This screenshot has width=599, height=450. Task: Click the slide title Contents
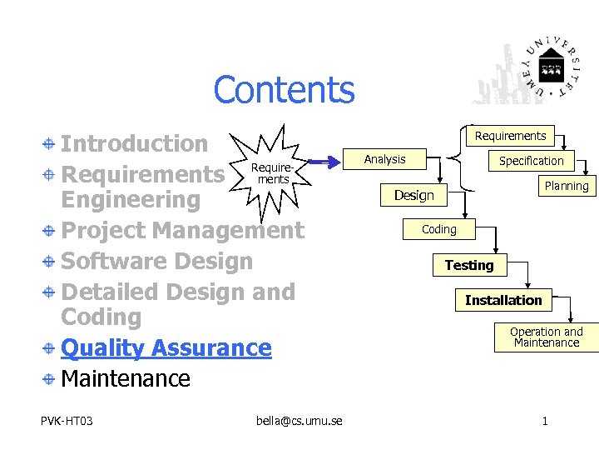[284, 90]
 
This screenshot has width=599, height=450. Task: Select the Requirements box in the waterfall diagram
[510, 136]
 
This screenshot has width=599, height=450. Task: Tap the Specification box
[531, 161]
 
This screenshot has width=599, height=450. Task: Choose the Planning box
[566, 186]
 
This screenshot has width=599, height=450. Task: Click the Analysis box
[385, 159]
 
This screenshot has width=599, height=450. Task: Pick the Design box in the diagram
[414, 195]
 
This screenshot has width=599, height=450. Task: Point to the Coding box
[438, 229]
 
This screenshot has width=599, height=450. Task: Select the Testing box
[469, 265]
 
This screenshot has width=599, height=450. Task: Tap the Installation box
[503, 300]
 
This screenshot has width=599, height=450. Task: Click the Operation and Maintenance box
[547, 337]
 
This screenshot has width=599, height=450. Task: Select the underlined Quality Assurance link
[166, 347]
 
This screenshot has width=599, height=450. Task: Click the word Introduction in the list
[135, 143]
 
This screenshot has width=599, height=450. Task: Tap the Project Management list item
[183, 230]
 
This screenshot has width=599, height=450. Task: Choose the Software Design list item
[157, 261]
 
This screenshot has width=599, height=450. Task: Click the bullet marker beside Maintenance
[50, 379]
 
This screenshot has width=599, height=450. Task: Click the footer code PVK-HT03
[67, 421]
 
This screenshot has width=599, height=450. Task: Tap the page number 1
[545, 421]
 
